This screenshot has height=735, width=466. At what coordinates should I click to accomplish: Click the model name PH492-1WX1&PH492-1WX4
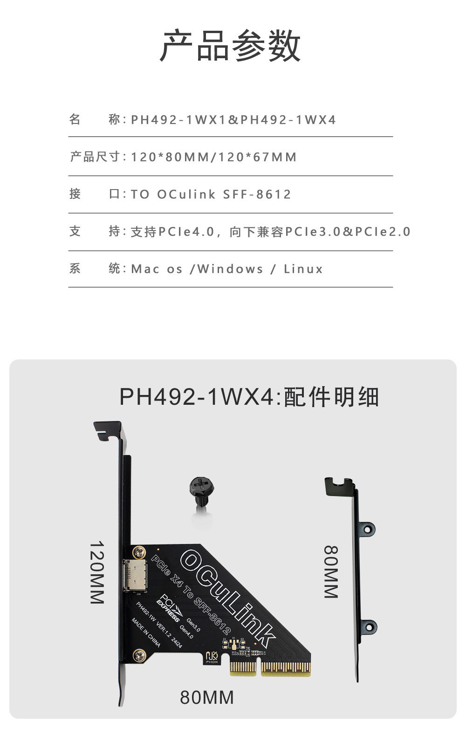(233, 120)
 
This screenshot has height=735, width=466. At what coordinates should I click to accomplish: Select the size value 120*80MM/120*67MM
(213, 157)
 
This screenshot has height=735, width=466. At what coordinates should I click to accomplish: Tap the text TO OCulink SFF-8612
(211, 194)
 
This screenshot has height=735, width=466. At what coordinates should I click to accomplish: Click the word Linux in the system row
(303, 269)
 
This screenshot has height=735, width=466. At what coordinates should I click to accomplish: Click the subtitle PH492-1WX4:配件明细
(249, 397)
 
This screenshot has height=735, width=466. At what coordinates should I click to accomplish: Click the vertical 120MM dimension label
(96, 573)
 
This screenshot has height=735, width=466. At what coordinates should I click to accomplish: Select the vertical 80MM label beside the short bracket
(330, 572)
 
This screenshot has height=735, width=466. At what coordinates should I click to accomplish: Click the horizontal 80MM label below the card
(207, 697)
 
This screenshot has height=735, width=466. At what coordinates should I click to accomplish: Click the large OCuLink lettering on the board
(228, 596)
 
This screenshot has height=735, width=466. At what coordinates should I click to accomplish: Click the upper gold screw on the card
(139, 553)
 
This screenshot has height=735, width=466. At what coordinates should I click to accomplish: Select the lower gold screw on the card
(139, 656)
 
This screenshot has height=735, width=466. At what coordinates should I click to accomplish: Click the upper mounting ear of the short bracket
(368, 529)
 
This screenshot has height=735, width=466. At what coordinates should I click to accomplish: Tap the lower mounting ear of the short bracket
(369, 626)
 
